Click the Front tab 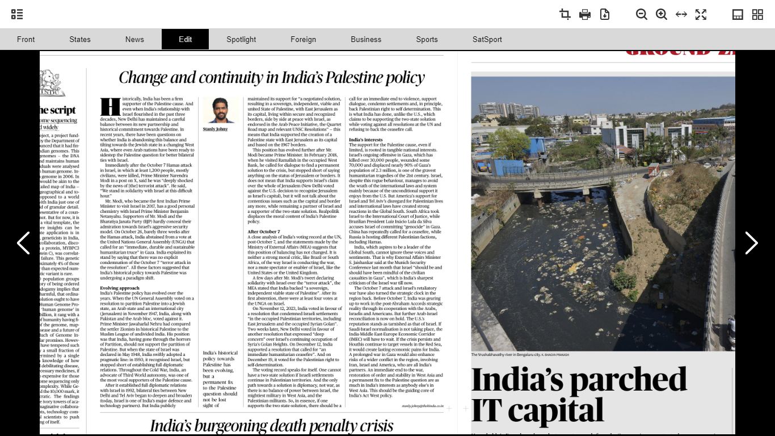tap(26, 39)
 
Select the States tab tap(80, 39)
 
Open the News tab tap(134, 39)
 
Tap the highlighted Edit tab tap(185, 39)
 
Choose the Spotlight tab tap(241, 39)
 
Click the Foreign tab tap(303, 39)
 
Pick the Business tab tap(366, 39)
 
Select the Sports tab tap(427, 39)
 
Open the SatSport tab tap(487, 39)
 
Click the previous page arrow tap(23, 243)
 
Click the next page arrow tap(751, 243)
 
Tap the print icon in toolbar tap(585, 15)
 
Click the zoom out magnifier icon tap(642, 15)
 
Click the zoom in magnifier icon tap(662, 15)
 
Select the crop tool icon tap(565, 15)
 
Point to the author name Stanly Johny tap(215, 129)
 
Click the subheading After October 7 tap(264, 232)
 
